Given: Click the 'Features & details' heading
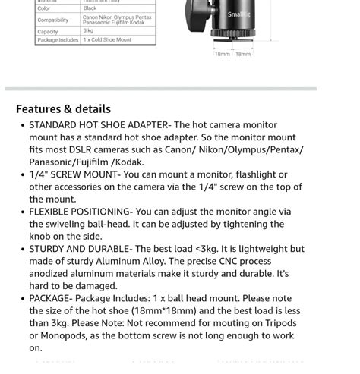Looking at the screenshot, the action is [63, 109].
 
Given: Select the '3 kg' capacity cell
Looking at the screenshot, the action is [89, 31].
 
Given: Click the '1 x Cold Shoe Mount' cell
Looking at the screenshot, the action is [107, 40].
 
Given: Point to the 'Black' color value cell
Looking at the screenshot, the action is [90, 8].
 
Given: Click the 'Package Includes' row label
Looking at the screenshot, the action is [58, 40].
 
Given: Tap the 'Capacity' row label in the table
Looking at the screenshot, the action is [48, 32].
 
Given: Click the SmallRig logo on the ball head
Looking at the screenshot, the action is [238, 14].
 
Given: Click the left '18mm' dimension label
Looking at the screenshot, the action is [222, 55].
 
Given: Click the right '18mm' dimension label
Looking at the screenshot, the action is [243, 55].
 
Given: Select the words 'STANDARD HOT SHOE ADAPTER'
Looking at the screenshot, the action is [99, 125].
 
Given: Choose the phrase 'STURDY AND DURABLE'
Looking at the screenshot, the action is [79, 249].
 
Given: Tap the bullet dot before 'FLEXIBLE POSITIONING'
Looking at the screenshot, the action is [22, 212].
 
